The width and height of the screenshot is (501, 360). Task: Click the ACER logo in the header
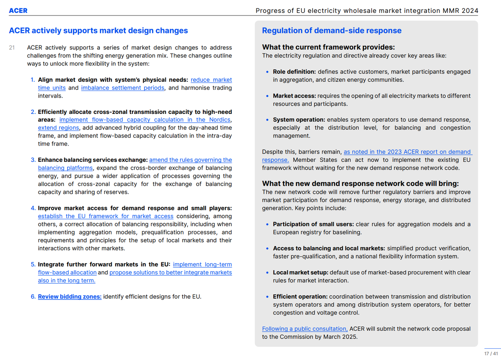coord(19,10)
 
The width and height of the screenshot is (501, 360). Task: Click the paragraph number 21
coord(12,48)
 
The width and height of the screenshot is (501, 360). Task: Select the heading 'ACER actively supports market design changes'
coord(99,30)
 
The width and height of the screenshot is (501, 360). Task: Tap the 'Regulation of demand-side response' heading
coord(331,30)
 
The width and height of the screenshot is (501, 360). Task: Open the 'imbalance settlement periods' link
coord(122,88)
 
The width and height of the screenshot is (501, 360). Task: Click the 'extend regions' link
coord(58,128)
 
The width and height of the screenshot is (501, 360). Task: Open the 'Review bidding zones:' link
coord(70,297)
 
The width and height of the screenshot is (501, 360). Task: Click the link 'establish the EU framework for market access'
coord(106,216)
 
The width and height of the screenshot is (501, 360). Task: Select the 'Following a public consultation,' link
coord(305,329)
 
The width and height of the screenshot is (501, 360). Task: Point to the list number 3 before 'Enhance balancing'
coord(33,160)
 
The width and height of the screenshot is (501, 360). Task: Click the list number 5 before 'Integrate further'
coord(33,264)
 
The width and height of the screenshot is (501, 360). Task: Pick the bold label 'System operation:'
coord(299,120)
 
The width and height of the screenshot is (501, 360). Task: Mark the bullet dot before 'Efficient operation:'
coord(267,297)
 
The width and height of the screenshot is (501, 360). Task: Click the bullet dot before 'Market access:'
coord(267,96)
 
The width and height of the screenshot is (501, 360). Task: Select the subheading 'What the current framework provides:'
coord(328,47)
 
